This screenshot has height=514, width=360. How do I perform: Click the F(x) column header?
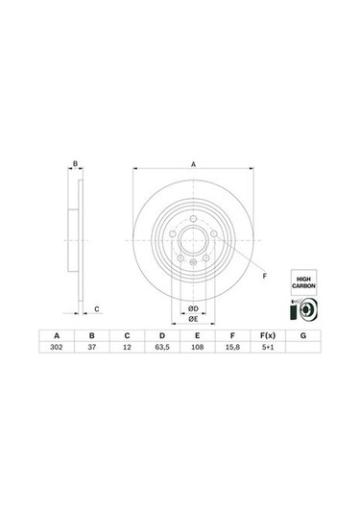267,336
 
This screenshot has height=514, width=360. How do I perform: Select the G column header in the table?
302,336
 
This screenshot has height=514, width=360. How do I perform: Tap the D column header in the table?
160,336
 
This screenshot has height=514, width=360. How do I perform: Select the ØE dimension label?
192,320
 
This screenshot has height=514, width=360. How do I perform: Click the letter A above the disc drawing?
192,164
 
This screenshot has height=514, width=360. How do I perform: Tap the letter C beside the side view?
96,308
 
